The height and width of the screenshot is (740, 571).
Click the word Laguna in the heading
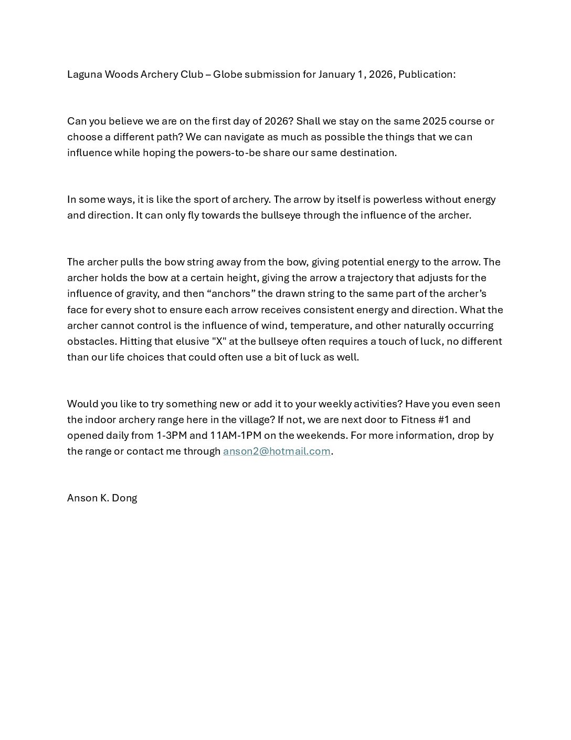pyautogui.click(x=84, y=75)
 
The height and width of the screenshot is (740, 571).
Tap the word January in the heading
pyautogui.click(x=336, y=75)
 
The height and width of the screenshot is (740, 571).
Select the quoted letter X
pyautogui.click(x=219, y=341)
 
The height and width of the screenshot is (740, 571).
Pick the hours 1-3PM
pyautogui.click(x=171, y=436)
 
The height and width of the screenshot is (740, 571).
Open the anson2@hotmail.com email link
pyautogui.click(x=277, y=451)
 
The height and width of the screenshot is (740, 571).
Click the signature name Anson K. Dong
pyautogui.click(x=102, y=498)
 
